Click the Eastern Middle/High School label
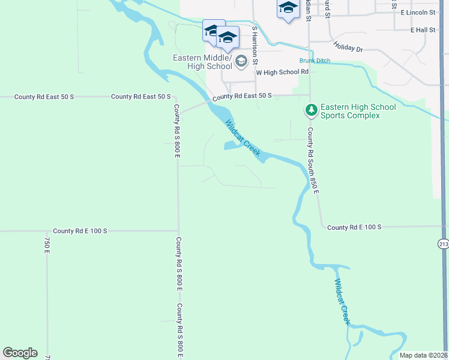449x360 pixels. (x=202, y=62)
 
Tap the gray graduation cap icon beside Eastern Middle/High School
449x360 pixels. (x=241, y=61)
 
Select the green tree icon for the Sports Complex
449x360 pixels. (x=311, y=110)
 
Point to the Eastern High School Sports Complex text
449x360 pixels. (x=358, y=111)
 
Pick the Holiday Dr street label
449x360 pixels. (x=348, y=46)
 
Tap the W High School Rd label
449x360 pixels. (x=282, y=72)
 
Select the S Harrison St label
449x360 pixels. (x=255, y=45)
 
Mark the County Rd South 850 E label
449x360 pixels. (x=313, y=160)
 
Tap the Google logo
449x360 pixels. (x=20, y=353)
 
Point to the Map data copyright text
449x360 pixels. (x=423, y=355)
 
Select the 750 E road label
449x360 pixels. (x=47, y=245)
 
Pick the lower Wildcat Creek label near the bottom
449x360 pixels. (x=342, y=302)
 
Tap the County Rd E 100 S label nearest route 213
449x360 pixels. (x=355, y=227)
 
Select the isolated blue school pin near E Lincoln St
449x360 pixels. (x=288, y=8)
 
